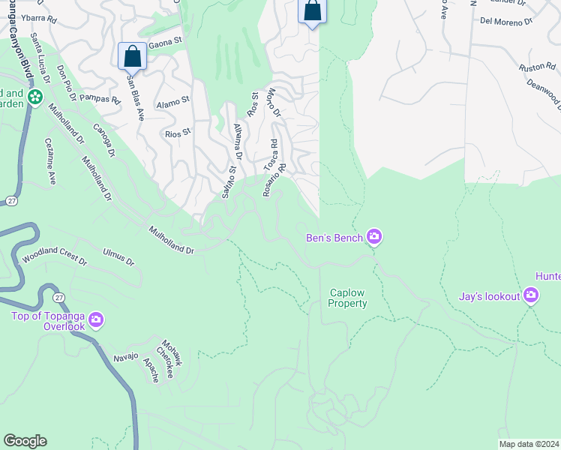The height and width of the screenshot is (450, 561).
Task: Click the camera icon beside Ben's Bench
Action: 374,238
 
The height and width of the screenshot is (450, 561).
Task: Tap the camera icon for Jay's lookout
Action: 531,296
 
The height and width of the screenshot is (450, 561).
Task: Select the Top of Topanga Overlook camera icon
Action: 96,320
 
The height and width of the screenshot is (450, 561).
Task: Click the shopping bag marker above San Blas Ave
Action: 132,56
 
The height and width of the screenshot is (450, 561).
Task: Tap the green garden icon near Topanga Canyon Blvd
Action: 34,97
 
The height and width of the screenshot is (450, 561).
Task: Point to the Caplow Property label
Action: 348,298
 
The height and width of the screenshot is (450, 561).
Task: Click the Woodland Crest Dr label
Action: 54,259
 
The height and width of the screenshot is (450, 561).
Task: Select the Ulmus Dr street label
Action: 118,259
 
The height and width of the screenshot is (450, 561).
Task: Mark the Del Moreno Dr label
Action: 506,22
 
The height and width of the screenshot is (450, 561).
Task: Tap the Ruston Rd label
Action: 535,67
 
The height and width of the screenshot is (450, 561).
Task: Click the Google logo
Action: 25,441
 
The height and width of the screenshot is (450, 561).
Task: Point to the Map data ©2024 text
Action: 529,444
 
